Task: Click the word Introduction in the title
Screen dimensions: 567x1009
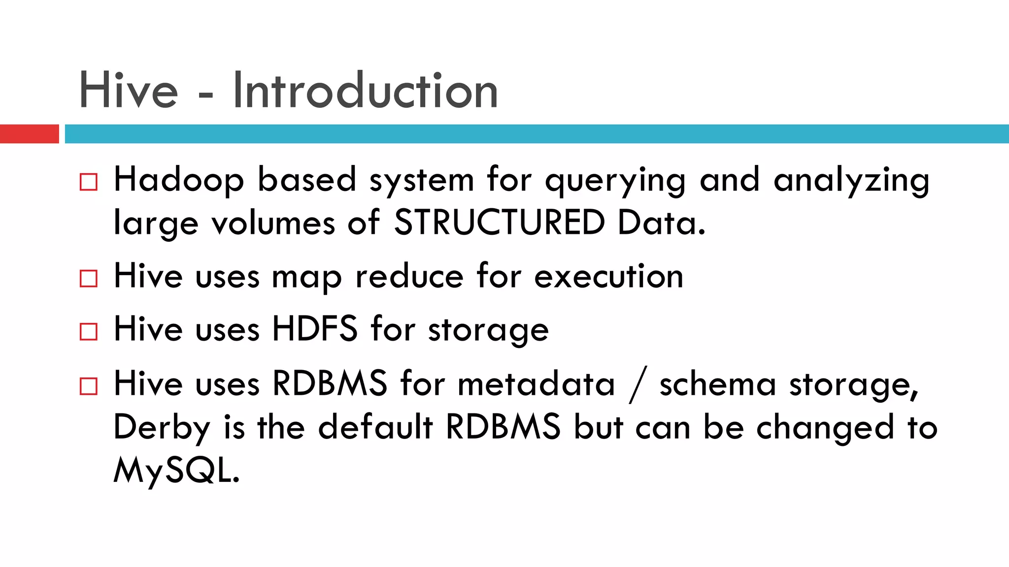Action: tap(365, 91)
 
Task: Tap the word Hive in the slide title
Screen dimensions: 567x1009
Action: tap(129, 91)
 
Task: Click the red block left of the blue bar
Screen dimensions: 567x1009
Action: tap(29, 134)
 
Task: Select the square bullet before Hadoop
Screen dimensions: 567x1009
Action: tap(89, 182)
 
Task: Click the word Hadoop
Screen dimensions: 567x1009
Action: tap(179, 180)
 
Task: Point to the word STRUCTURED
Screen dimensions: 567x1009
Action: tap(499, 222)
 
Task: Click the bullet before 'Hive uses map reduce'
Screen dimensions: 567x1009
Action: tap(89, 278)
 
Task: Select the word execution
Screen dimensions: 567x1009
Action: tap(609, 277)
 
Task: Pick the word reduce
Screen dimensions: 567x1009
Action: tap(409, 277)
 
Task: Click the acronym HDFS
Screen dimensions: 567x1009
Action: tap(315, 329)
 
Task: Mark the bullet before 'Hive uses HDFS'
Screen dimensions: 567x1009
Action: tap(89, 331)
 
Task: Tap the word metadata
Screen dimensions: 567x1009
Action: tap(537, 383)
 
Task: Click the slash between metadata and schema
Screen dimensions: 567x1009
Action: tap(637, 384)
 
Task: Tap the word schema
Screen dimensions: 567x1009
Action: tap(718, 384)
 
